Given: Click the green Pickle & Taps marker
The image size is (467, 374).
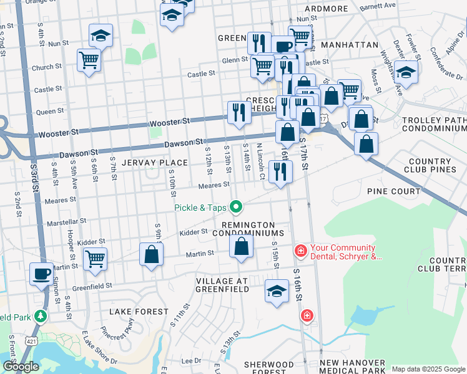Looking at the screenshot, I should coord(235,206).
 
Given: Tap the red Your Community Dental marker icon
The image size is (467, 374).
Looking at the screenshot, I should coord(300,251).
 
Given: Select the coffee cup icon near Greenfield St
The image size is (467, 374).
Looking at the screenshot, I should coord(42,274).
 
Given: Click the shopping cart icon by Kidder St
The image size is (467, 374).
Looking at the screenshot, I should coord(95,258).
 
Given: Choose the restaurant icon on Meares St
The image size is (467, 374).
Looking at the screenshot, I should coord(280,171).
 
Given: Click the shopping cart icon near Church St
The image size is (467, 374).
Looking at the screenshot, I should coord(89,61).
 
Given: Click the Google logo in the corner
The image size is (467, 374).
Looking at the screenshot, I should coord(21,367).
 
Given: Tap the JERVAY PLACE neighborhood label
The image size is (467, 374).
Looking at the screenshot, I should coord(155,163).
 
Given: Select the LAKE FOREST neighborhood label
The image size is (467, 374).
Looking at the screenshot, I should coord(139,311).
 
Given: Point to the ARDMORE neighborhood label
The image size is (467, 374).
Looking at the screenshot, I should coord(326,9).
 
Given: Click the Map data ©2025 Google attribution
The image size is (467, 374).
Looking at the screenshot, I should coord(428,369).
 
